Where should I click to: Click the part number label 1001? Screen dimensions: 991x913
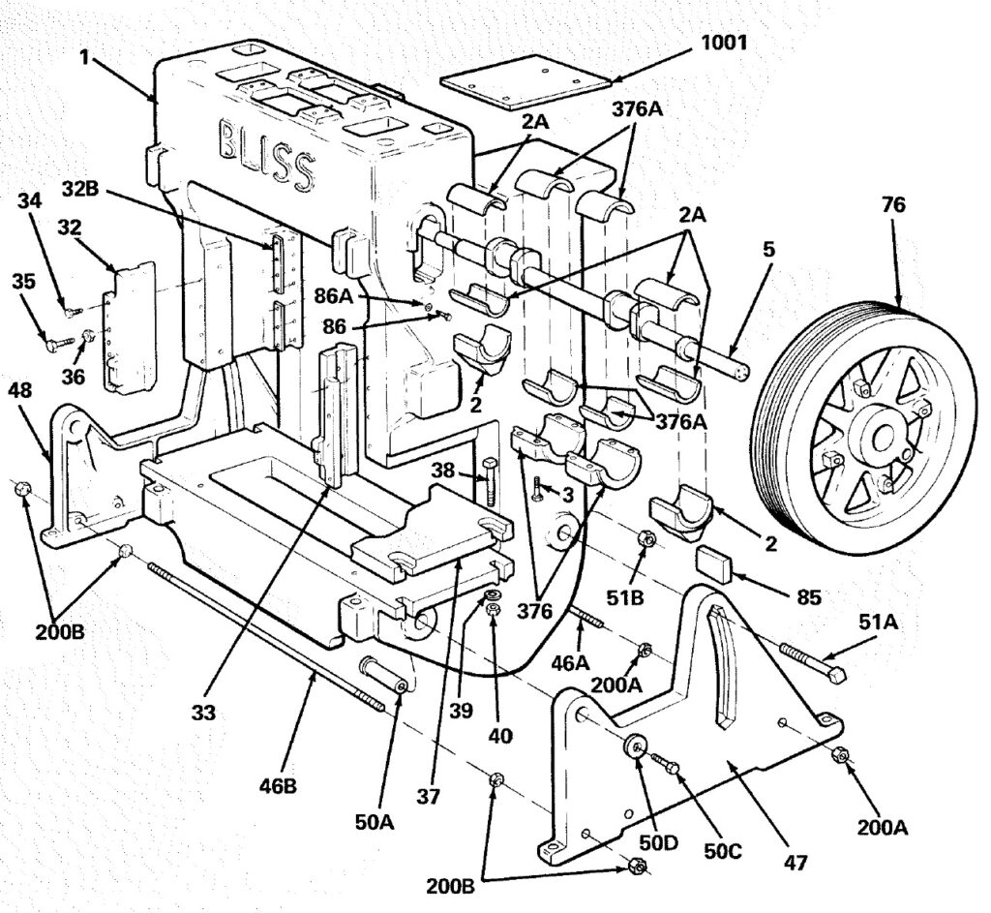724,43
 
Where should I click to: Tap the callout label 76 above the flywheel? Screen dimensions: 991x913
893,205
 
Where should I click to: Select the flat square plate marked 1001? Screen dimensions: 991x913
526,80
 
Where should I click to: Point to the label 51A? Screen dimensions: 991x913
878,623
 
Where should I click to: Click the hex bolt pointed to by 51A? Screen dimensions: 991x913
813,662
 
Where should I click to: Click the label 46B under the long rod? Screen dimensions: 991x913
278,786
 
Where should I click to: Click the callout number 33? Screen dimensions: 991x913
203,713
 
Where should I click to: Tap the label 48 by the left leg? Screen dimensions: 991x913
19,390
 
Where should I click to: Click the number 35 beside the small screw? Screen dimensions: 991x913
24,282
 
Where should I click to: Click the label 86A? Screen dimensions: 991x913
334,295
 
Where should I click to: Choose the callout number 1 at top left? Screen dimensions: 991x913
84,57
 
